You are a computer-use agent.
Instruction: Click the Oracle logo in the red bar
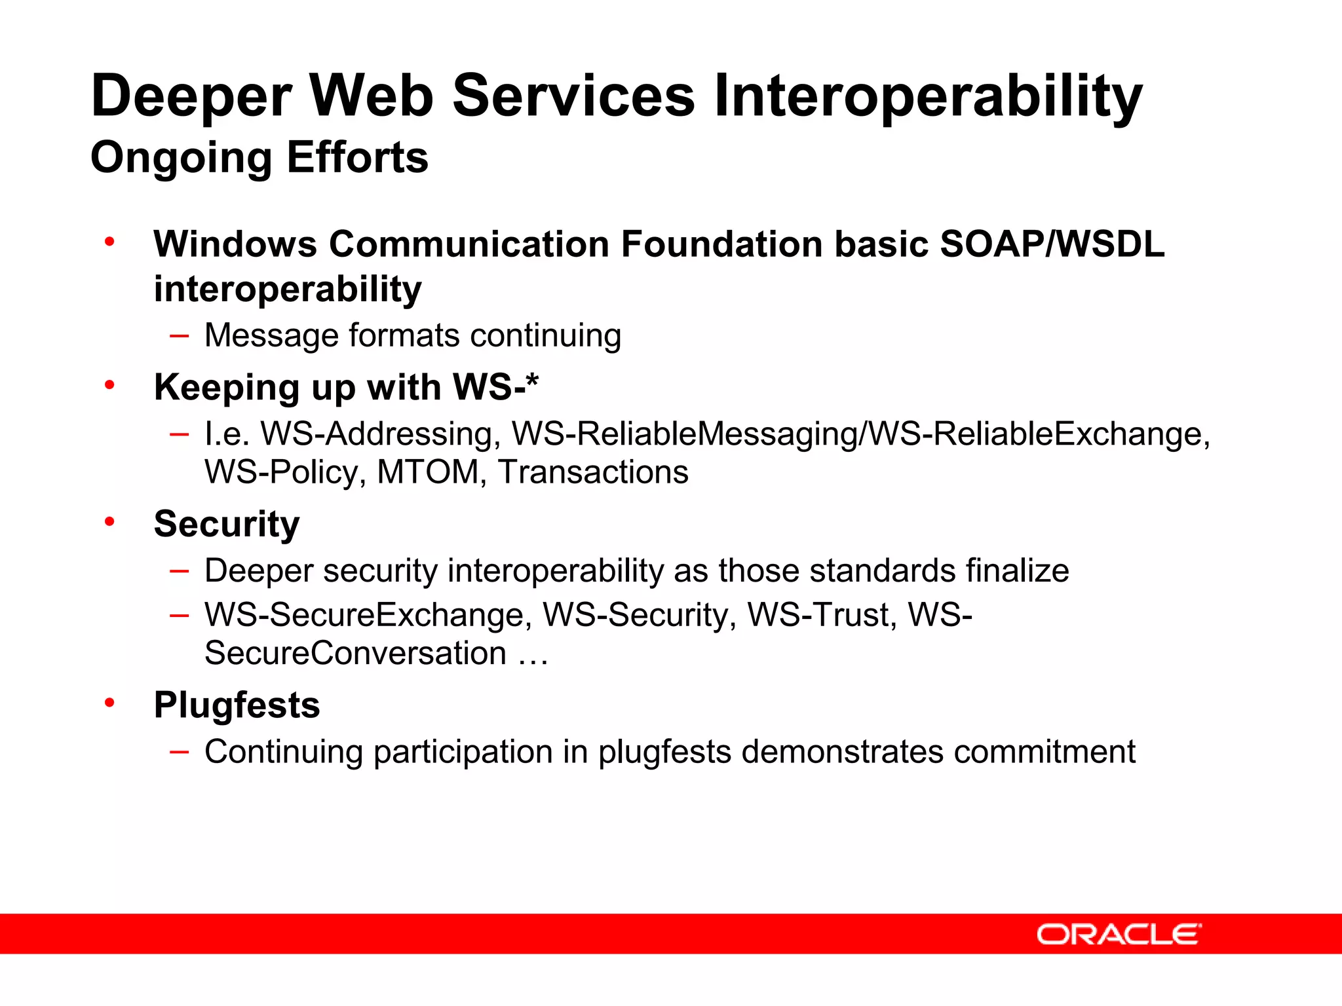pos(1119,934)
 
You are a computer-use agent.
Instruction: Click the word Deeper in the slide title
pos(191,96)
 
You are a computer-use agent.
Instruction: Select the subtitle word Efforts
pos(357,157)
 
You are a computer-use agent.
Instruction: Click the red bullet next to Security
pos(109,521)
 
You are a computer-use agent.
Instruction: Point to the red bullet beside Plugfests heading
pos(109,703)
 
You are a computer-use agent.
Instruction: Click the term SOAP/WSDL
pos(1052,244)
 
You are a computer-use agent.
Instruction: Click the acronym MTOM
pos(428,472)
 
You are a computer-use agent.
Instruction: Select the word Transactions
pos(593,472)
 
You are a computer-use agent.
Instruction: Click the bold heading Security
pos(227,524)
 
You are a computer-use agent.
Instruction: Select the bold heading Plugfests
pos(237,705)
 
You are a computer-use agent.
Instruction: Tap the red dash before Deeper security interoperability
pos(179,571)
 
